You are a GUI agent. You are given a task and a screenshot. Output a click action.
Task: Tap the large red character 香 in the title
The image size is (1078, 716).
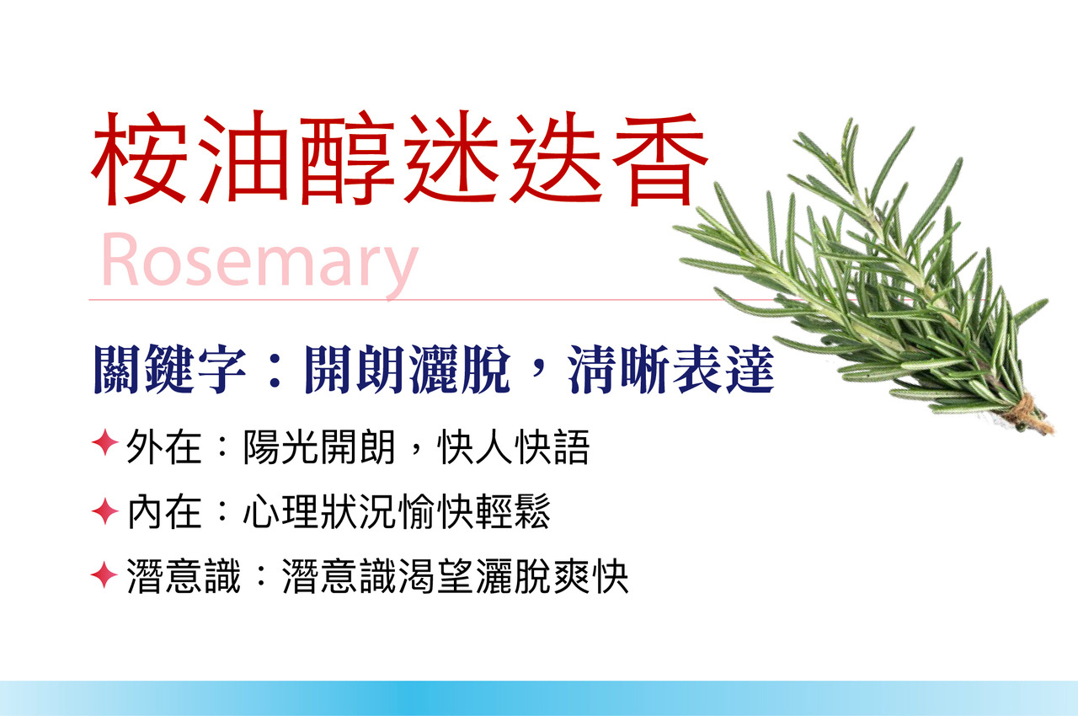click(x=661, y=159)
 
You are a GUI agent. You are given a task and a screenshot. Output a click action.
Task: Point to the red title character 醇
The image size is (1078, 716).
click(x=348, y=159)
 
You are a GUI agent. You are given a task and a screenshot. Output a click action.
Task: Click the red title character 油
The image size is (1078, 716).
click(x=243, y=159)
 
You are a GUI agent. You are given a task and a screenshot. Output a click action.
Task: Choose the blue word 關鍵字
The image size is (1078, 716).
click(x=169, y=369)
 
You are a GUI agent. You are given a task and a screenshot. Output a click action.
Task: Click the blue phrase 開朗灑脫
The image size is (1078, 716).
click(x=408, y=369)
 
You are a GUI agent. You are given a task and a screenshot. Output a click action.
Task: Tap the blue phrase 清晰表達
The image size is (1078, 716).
click(x=671, y=369)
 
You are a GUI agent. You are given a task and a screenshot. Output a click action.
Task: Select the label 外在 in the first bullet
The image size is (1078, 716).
click(x=163, y=447)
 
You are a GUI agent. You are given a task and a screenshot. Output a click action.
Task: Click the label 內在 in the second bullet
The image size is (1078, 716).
click(x=163, y=511)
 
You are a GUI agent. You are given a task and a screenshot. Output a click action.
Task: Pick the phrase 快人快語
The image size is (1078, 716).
click(x=514, y=447)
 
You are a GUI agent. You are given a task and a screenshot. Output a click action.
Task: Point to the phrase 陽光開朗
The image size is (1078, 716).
click(x=319, y=447)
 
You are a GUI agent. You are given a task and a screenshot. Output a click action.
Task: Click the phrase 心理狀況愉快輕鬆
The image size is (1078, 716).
click(x=397, y=511)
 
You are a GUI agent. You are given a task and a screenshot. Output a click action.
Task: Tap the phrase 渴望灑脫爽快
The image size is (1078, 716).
click(x=514, y=576)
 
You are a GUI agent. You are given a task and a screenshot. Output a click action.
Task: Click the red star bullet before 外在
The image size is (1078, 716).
click(x=105, y=443)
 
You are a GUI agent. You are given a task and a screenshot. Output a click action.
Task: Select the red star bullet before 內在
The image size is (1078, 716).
click(x=105, y=511)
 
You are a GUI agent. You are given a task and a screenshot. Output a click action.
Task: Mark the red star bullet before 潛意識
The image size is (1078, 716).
click(x=104, y=574)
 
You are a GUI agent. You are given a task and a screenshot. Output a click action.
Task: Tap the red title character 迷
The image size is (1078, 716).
click(x=451, y=159)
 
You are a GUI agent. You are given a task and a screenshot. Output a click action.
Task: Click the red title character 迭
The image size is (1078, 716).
click(x=555, y=159)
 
